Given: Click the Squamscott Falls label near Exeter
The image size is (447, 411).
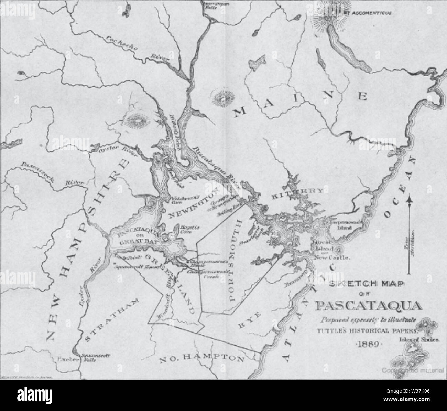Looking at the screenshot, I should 89,358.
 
